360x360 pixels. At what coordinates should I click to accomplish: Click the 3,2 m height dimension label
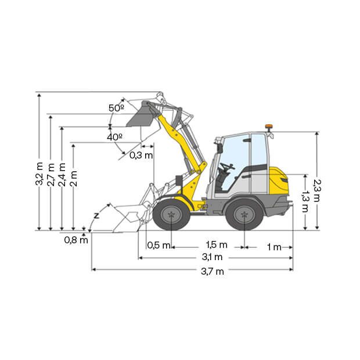pyautogui.click(x=39, y=174)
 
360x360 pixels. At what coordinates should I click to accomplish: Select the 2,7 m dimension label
pyautogui.click(x=51, y=175)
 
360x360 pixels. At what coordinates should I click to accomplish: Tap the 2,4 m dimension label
pyautogui.click(x=62, y=175)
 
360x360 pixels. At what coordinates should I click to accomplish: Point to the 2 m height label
pyautogui.click(x=74, y=179)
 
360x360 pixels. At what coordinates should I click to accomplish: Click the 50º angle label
pyautogui.click(x=116, y=108)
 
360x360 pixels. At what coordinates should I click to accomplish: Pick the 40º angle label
pyautogui.click(x=114, y=137)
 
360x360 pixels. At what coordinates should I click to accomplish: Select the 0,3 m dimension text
pyautogui.click(x=141, y=156)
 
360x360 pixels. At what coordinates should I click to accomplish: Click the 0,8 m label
pyautogui.click(x=76, y=240)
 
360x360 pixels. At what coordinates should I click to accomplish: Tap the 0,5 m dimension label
pyautogui.click(x=159, y=245)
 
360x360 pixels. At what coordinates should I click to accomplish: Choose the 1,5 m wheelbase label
pyautogui.click(x=217, y=245)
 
